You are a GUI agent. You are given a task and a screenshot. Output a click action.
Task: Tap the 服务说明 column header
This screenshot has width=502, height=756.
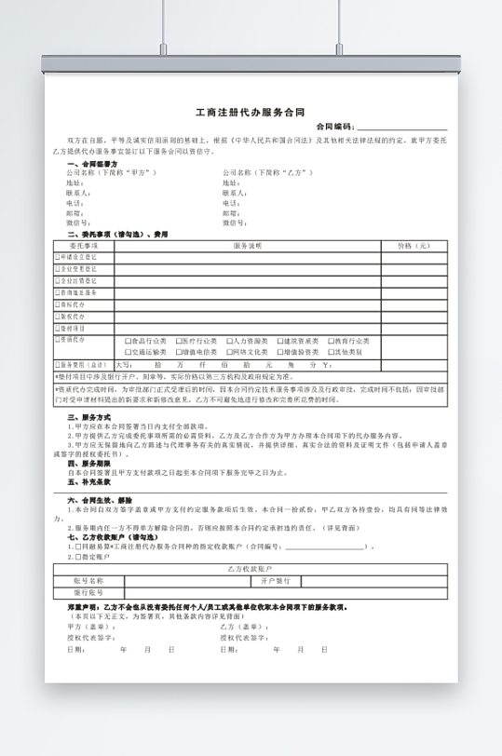(247, 246)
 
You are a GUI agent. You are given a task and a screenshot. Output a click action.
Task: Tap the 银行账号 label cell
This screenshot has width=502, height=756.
(88, 591)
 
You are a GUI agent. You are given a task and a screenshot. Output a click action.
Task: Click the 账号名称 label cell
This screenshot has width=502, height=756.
(88, 579)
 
